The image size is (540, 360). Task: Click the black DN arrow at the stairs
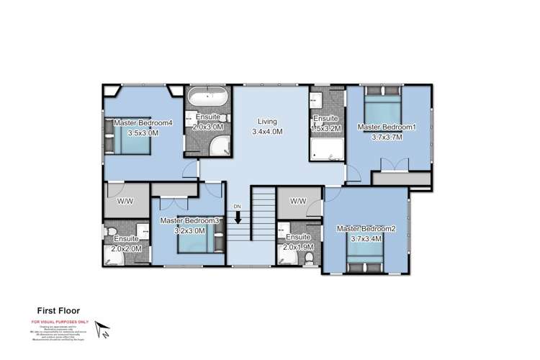(x=238, y=217)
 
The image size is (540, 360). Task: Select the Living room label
(x=267, y=122)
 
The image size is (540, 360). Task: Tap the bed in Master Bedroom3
(x=194, y=240)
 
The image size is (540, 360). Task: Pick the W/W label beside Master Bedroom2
(x=298, y=201)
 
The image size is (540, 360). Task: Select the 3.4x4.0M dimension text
(x=267, y=132)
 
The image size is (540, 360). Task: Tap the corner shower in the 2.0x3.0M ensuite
(x=217, y=145)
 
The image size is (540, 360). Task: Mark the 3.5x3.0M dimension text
(x=143, y=132)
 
